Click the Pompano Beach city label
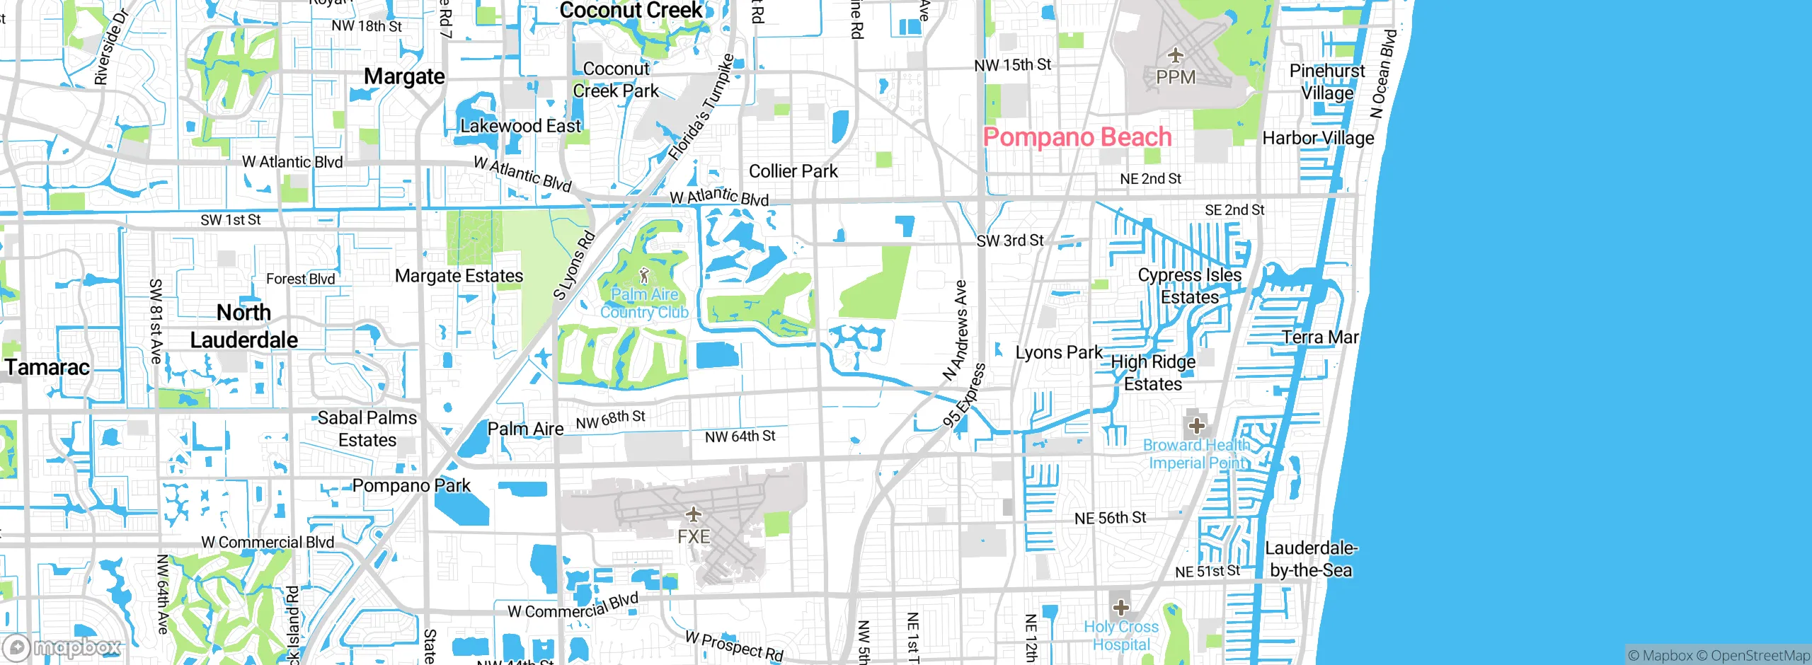[1077, 137]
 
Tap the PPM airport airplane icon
[1175, 55]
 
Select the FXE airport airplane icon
[693, 514]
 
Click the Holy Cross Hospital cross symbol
[1120, 607]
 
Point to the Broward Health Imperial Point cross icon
[1196, 425]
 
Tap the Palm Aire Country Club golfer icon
[643, 275]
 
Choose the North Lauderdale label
[244, 325]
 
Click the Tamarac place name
[47, 367]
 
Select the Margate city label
[404, 76]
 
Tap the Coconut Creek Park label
[616, 79]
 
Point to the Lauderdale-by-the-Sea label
[1310, 559]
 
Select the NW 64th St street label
[740, 436]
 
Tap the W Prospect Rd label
[734, 646]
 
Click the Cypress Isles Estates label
[1190, 286]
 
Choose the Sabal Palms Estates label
[367, 429]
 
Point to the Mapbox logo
[62, 647]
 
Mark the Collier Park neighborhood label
[793, 171]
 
